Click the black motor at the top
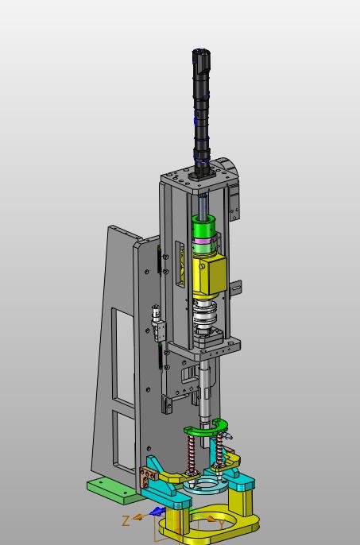pyautogui.click(x=201, y=111)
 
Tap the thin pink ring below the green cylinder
pyautogui.click(x=205, y=242)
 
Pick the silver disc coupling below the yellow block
pyautogui.click(x=205, y=315)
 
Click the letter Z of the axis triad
pyautogui.click(x=126, y=520)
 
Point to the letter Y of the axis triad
pyautogui.click(x=221, y=524)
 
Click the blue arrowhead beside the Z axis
pyautogui.click(x=157, y=512)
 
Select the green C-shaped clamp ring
pyautogui.click(x=206, y=428)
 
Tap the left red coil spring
pyautogui.click(x=191, y=454)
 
